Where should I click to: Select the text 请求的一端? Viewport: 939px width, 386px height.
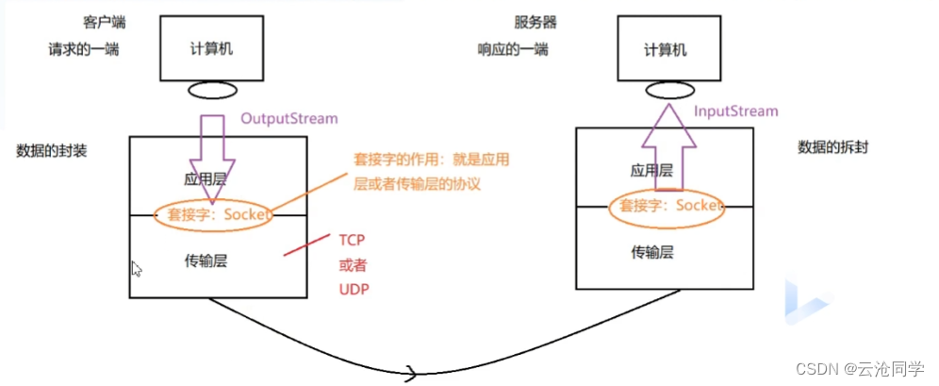84,50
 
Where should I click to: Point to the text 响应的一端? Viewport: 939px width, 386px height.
513,50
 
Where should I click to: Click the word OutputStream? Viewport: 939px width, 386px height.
288,119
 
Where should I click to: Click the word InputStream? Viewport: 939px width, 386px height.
736,111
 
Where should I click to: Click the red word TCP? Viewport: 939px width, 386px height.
352,240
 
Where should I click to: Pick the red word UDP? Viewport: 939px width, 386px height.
354,289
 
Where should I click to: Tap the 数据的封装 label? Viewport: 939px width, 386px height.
52,151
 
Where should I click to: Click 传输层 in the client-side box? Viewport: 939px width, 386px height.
206,261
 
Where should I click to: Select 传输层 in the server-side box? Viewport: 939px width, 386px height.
651,252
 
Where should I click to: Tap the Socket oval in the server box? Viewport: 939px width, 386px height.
666,206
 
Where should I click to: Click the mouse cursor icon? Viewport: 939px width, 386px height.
136,269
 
